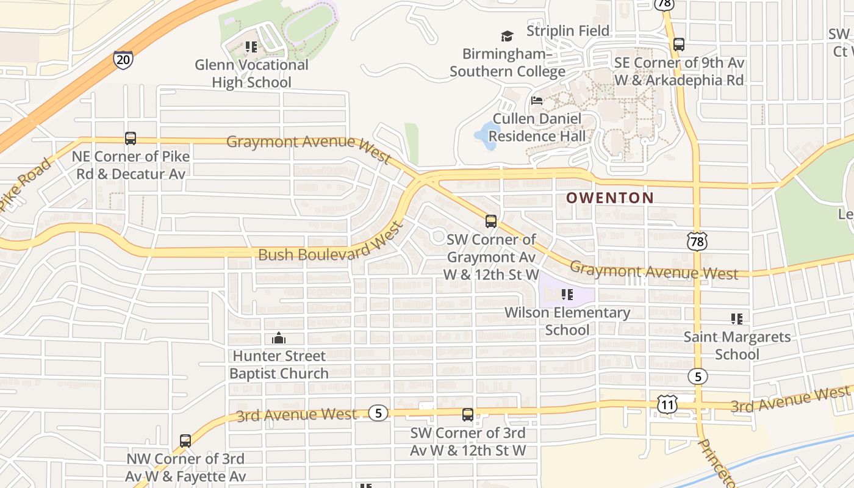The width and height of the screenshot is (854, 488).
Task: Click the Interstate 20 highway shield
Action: pyautogui.click(x=123, y=59)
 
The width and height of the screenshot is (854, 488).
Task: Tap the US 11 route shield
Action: pyautogui.click(x=667, y=403)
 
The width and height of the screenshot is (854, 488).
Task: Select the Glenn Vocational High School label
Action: pyautogui.click(x=251, y=73)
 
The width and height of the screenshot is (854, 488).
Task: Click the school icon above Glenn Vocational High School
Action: pyautogui.click(x=251, y=46)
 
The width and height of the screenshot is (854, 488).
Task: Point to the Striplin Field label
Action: pyautogui.click(x=567, y=30)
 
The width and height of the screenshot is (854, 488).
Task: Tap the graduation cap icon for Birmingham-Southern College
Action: pyautogui.click(x=507, y=36)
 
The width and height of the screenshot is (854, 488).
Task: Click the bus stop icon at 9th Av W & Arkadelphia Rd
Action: pyautogui.click(x=678, y=45)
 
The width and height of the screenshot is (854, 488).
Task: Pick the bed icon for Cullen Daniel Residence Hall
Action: pyautogui.click(x=537, y=101)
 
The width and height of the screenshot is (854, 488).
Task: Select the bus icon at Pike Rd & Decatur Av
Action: pyautogui.click(x=131, y=138)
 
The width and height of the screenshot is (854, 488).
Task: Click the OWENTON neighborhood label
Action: pyautogui.click(x=609, y=198)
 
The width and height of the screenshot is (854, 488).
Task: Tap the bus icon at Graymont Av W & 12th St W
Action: pyautogui.click(x=491, y=221)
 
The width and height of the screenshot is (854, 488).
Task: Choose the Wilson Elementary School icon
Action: pyautogui.click(x=567, y=295)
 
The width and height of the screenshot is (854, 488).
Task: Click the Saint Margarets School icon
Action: pyautogui.click(x=736, y=318)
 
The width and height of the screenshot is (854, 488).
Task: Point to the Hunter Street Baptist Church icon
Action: pyautogui.click(x=279, y=338)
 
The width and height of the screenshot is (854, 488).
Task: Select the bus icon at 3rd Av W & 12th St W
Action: pyautogui.click(x=468, y=415)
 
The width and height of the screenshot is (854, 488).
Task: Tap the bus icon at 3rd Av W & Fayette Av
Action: pyautogui.click(x=185, y=440)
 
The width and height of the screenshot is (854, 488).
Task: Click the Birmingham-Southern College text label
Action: pyautogui.click(x=508, y=63)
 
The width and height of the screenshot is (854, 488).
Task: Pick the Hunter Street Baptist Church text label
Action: pyautogui.click(x=279, y=364)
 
